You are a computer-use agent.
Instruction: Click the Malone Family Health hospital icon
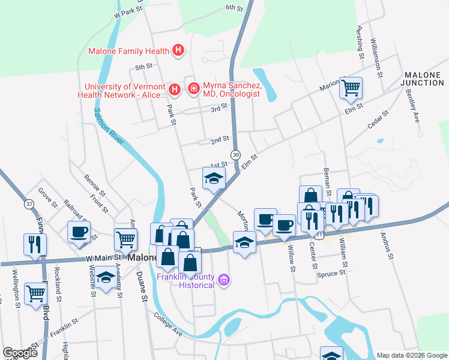[178, 51]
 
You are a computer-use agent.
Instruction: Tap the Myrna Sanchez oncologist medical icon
[194, 90]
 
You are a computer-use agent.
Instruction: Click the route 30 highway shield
[236, 154]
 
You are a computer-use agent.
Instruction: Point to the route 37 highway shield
[29, 204]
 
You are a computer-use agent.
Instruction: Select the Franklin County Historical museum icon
[224, 280]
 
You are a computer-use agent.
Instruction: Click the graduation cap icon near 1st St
[214, 179]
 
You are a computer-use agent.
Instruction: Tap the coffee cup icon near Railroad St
[79, 232]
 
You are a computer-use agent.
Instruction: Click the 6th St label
[234, 8]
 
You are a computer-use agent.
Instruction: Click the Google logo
[20, 353]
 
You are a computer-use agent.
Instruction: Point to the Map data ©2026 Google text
[411, 355]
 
